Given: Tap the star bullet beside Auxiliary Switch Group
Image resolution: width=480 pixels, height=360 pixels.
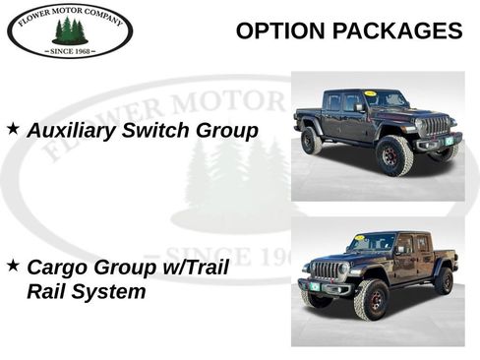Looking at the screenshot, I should coord(13,129).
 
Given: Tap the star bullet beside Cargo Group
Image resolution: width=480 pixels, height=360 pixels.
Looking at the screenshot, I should coord(13,266).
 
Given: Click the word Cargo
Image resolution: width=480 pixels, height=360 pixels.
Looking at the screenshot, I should coord(58,268).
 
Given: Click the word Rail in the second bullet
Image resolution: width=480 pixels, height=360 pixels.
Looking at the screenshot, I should coord(45,292).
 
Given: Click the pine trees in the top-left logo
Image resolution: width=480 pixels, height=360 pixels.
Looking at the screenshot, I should coord(69,30).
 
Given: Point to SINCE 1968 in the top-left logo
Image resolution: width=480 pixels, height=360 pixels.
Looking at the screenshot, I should coord(70,49).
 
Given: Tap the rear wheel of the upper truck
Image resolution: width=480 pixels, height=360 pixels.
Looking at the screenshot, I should coord(312,142).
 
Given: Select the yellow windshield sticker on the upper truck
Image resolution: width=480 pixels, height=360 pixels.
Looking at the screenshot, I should coord(370,93).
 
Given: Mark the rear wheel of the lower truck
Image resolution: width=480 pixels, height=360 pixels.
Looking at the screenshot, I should coord(444,280).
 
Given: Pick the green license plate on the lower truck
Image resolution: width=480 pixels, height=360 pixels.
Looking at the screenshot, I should coord(316,286).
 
